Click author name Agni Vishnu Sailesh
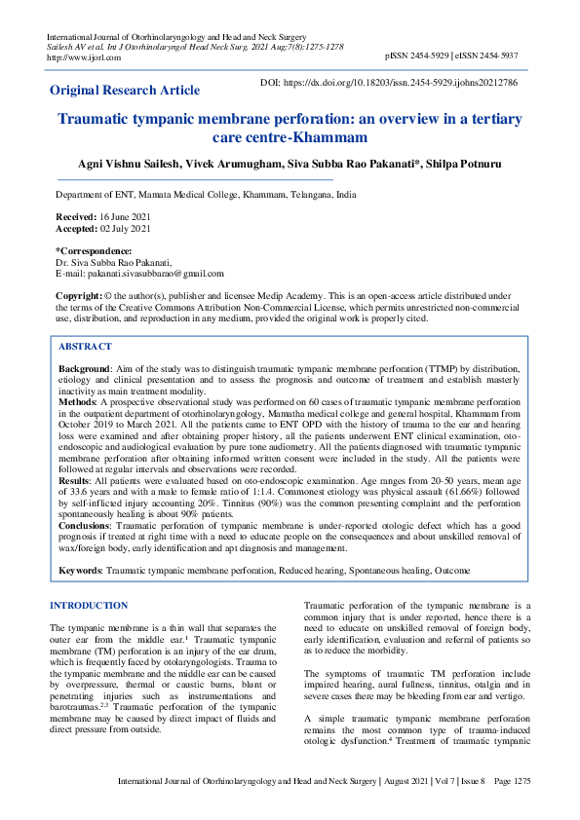click(134, 165)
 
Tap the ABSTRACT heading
click(85, 347)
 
